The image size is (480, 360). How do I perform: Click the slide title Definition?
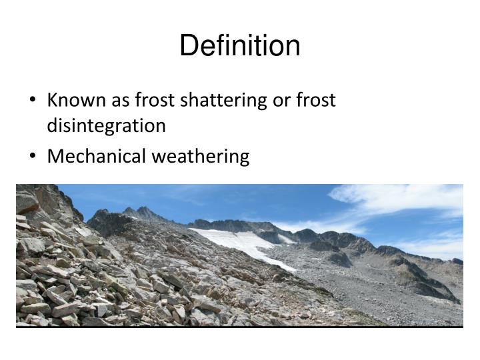(240, 46)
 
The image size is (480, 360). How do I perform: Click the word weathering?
(201, 157)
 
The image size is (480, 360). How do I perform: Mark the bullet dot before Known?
(34, 101)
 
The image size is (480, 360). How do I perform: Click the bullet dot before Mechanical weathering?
(34, 157)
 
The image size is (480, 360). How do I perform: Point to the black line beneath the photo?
(240, 327)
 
